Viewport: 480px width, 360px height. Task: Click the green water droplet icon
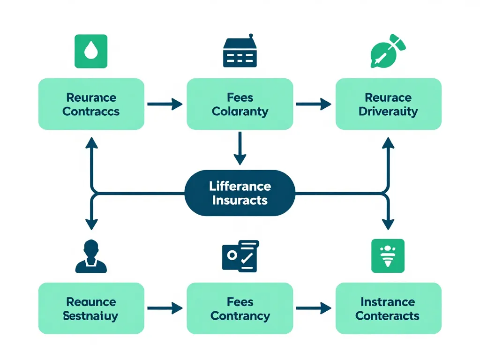(91, 52)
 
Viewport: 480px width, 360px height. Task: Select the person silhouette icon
(91, 256)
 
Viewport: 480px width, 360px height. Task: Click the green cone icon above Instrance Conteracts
(388, 256)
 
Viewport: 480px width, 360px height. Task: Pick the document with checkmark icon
(240, 256)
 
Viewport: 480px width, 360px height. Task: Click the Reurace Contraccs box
(91, 104)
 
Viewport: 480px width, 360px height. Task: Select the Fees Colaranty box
(240, 104)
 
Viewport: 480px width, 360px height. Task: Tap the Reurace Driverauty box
(388, 104)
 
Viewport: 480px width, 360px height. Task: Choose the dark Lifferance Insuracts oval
(240, 193)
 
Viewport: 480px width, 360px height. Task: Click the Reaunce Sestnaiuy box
(91, 308)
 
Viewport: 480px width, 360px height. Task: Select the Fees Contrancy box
(240, 308)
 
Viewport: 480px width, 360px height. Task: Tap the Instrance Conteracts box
(388, 308)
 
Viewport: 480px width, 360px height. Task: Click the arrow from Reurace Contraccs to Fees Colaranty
(165, 104)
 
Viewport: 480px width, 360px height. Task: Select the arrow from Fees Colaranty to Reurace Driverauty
(314, 104)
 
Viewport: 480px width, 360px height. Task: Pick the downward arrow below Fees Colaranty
(240, 148)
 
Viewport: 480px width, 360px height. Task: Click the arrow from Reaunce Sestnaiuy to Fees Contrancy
(165, 308)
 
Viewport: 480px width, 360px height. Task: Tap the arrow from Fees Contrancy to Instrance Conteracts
(314, 308)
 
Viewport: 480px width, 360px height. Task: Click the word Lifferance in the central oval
(240, 186)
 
